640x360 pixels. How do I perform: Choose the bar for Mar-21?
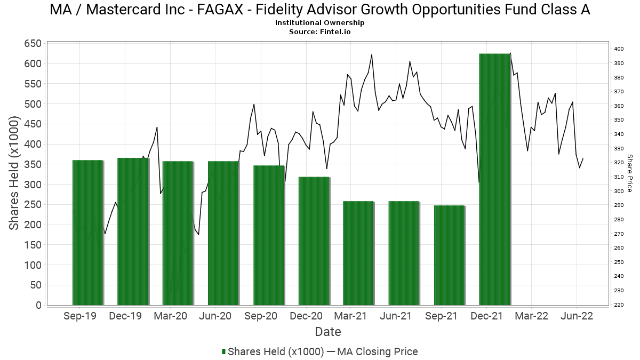pyautogui.click(x=358, y=253)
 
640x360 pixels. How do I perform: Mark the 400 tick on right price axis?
pyautogui.click(x=619, y=49)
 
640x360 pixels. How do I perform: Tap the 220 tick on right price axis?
pyautogui.click(x=619, y=305)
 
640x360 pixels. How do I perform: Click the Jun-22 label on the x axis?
pyautogui.click(x=577, y=316)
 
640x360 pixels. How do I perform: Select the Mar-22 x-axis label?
pyautogui.click(x=532, y=316)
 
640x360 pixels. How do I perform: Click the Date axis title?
pyautogui.click(x=327, y=332)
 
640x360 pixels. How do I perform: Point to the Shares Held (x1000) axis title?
pyautogui.click(x=15, y=174)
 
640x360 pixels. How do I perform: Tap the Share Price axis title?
pyautogui.click(x=629, y=173)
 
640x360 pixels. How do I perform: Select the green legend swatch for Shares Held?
pyautogui.click(x=223, y=351)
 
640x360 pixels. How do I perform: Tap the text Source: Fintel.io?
pyautogui.click(x=320, y=31)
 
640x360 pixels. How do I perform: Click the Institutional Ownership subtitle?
pyautogui.click(x=320, y=23)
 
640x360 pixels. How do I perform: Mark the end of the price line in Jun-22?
pyautogui.click(x=583, y=158)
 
